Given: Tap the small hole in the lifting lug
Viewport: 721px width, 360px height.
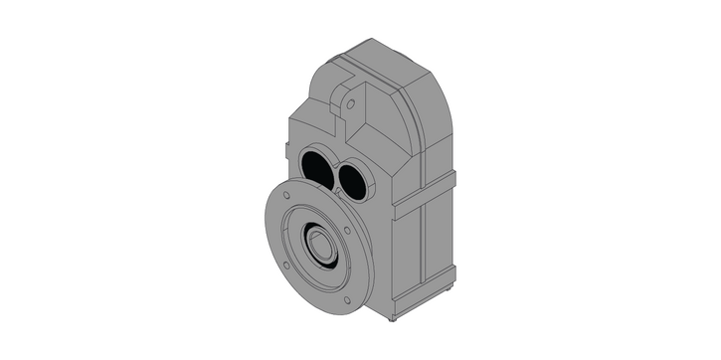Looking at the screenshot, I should [x=350, y=103].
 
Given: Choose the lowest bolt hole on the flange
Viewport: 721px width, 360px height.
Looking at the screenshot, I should [x=346, y=299].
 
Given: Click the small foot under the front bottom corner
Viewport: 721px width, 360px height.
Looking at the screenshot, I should [x=394, y=319].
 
